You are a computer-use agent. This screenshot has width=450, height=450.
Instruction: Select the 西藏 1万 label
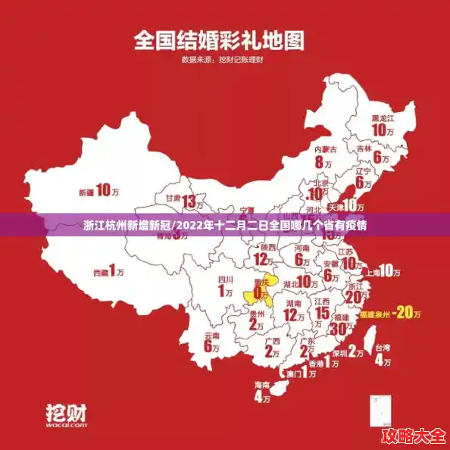(x=108, y=270)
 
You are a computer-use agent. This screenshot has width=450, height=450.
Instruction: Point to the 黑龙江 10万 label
(x=384, y=126)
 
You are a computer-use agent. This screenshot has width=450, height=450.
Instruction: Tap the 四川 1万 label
(x=225, y=286)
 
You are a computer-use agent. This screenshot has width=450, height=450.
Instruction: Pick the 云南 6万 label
(x=211, y=342)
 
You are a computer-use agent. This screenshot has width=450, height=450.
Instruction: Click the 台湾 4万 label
(x=384, y=354)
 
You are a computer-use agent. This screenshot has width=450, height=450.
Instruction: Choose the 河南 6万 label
(x=302, y=255)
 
